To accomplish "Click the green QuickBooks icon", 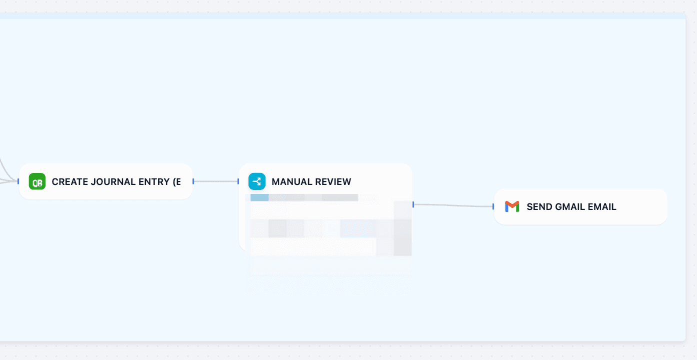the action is [37, 181].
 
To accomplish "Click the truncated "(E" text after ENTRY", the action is [176, 182].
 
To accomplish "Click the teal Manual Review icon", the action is [257, 181].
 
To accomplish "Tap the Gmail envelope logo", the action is [512, 206].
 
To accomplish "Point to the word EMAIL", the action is [603, 207].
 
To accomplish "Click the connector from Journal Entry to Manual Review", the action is [216, 181].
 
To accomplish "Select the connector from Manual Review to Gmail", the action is [453, 205].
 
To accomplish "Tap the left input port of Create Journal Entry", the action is [18, 181].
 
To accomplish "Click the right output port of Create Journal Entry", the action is [193, 181].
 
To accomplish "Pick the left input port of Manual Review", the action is [238, 181].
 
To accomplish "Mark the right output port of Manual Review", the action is [413, 204].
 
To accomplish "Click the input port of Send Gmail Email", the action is [493, 206].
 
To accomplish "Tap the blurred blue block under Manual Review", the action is [259, 197].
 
